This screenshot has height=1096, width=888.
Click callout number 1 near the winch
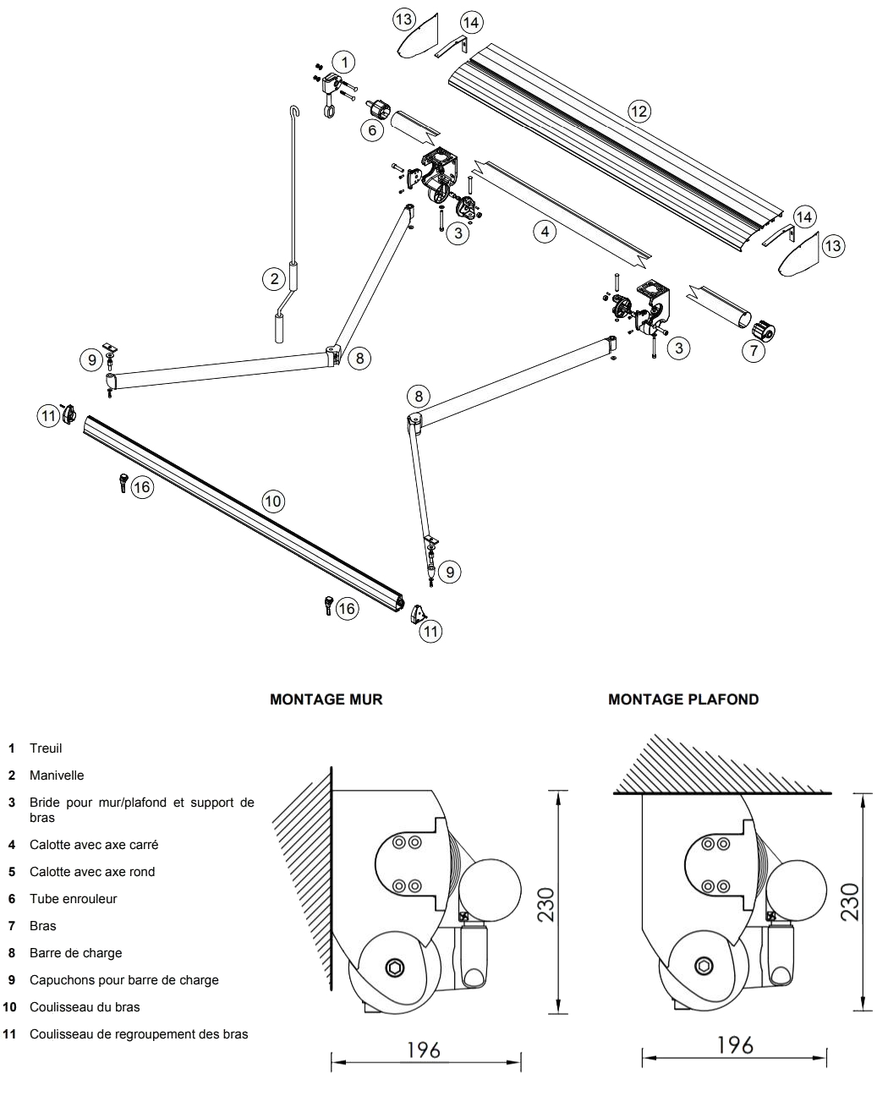click(343, 62)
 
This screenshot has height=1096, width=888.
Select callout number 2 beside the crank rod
click(274, 277)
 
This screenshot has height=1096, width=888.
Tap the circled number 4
click(546, 230)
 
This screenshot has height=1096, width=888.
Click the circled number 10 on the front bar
click(272, 501)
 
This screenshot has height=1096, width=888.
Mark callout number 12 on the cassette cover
click(639, 110)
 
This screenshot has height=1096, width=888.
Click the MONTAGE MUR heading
click(326, 699)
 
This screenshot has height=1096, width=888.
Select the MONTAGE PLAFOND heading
click(683, 699)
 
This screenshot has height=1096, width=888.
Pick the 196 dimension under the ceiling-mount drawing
click(734, 1046)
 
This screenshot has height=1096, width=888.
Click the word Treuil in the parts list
click(46, 748)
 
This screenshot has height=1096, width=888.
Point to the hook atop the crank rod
click(295, 112)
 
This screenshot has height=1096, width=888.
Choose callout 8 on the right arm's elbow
click(418, 395)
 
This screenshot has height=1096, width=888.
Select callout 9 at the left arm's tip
click(93, 359)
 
